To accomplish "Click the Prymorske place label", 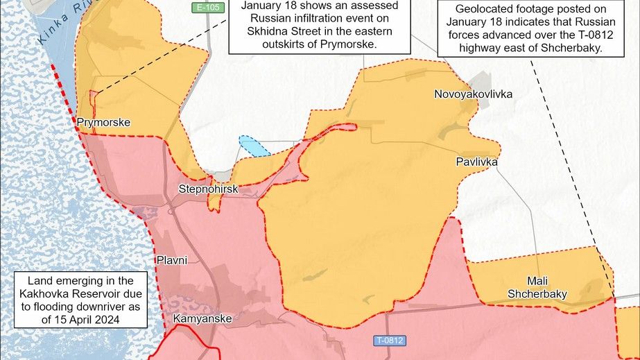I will (x=103, y=123).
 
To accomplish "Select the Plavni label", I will (x=172, y=260).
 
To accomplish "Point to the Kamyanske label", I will (x=202, y=319).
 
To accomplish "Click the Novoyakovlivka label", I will (x=473, y=94).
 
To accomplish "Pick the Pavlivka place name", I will (x=476, y=162).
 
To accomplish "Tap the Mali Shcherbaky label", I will (x=537, y=287).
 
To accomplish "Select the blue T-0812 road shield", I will (x=389, y=341).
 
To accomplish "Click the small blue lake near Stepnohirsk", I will (x=254, y=146).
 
